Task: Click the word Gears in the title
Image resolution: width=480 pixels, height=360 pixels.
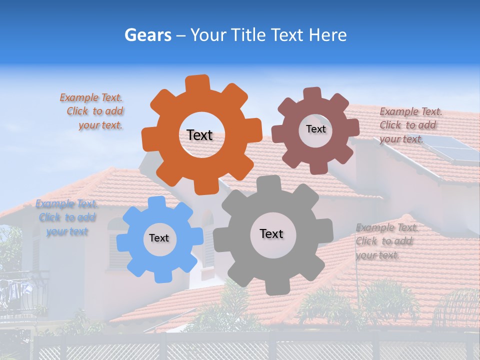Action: [147, 35]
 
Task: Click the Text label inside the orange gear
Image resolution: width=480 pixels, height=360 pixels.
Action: [199, 135]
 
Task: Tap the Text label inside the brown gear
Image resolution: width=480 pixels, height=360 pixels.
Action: [315, 129]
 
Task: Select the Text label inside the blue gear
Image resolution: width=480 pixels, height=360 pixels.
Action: [159, 238]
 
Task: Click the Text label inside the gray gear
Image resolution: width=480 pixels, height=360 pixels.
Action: [271, 233]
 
